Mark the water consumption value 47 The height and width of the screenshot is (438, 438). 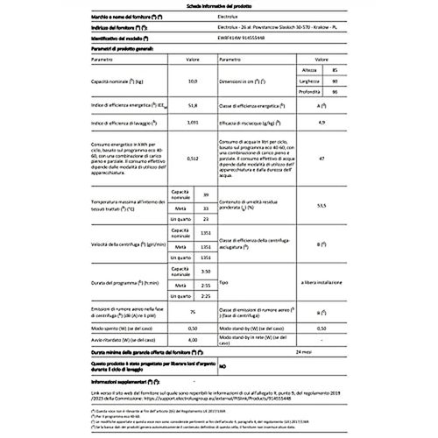coord(394,159)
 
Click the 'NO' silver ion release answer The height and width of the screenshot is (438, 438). coord(223,378)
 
